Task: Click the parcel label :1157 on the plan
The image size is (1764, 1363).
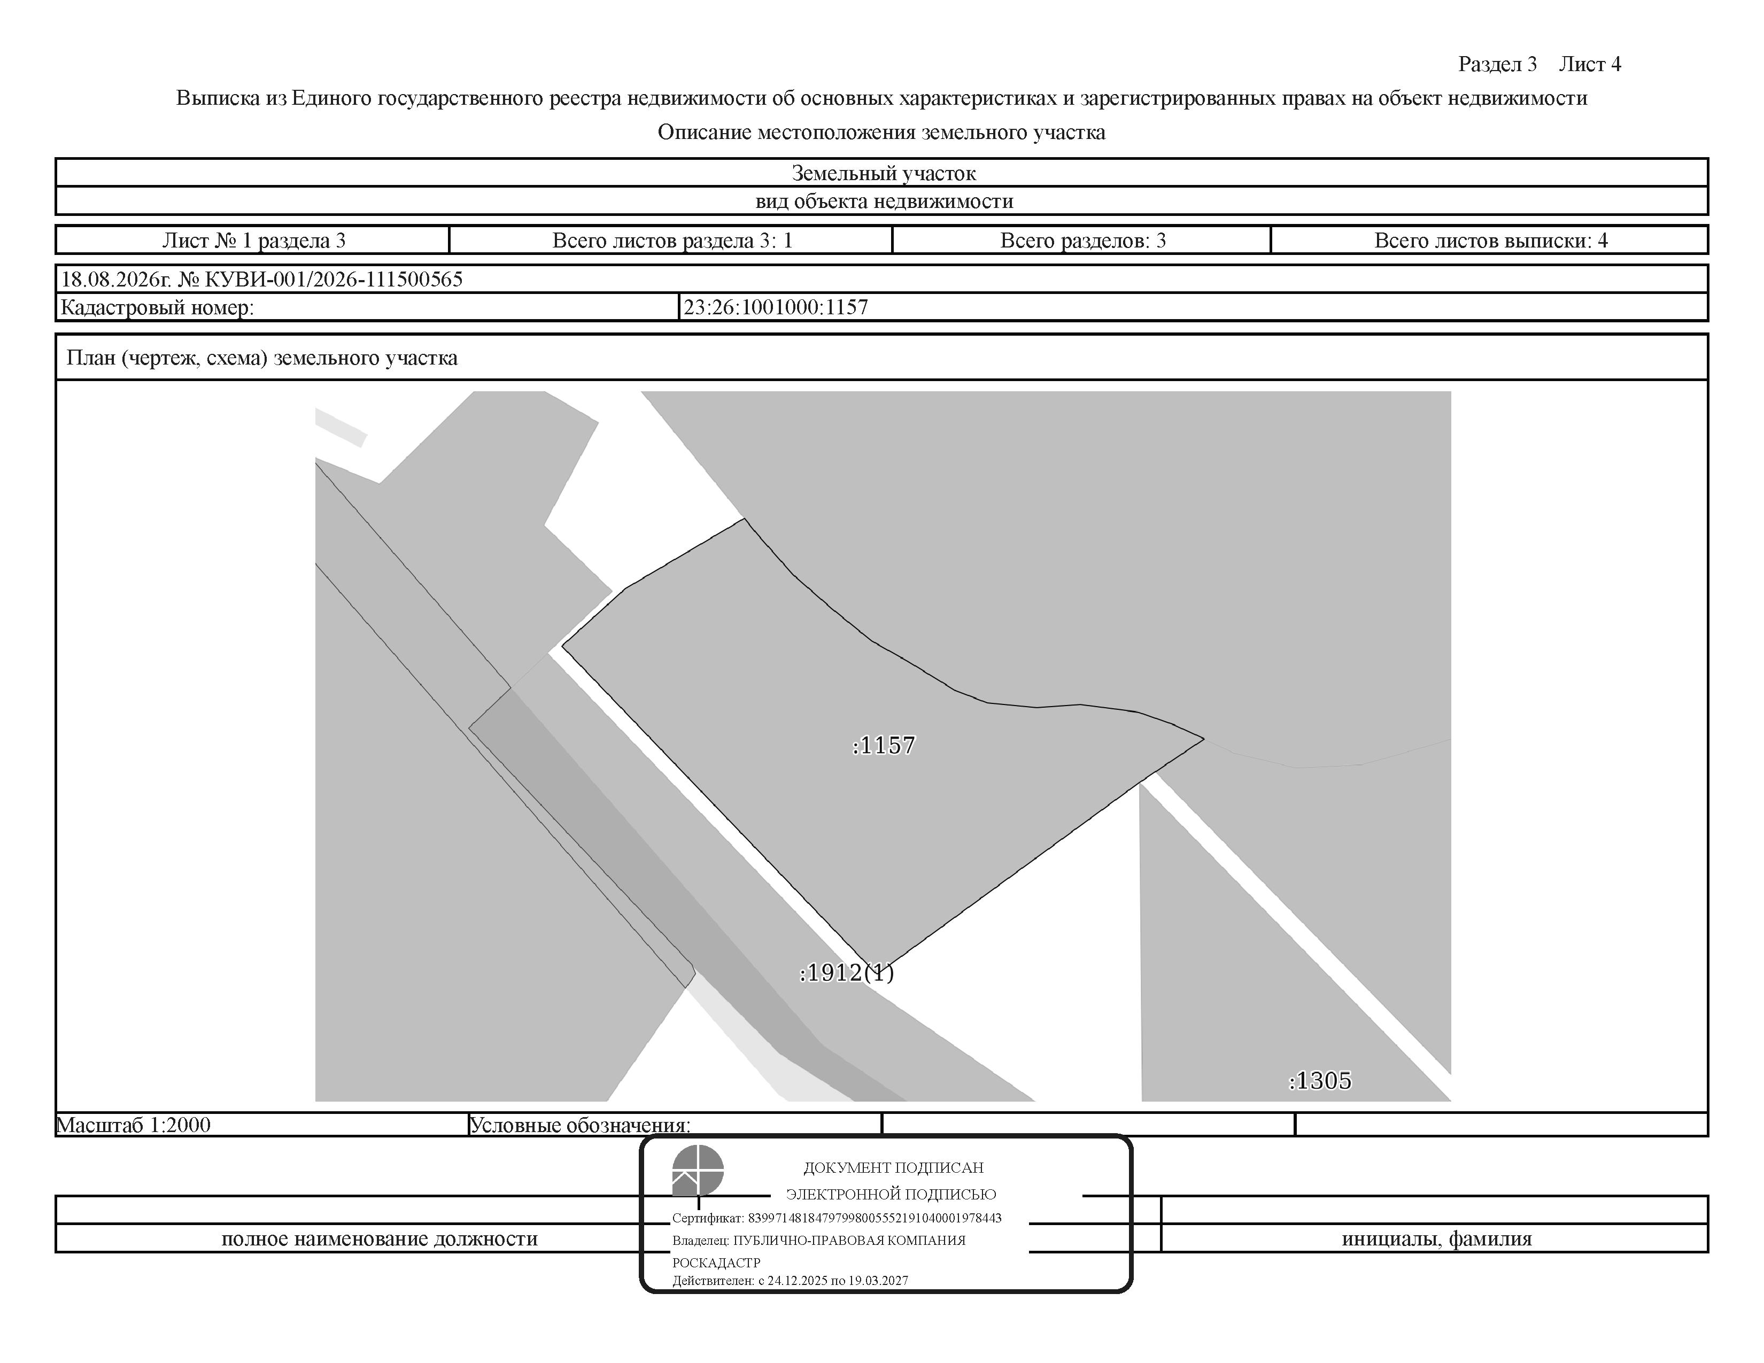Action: (x=884, y=745)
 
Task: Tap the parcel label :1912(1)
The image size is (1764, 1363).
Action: (x=847, y=973)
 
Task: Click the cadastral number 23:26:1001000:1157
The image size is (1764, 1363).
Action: (x=776, y=307)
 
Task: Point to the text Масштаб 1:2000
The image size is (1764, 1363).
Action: (x=133, y=1125)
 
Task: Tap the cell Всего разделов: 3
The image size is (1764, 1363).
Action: (x=1083, y=241)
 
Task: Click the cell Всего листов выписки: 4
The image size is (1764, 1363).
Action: (x=1491, y=241)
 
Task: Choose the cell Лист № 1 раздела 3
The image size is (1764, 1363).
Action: (x=253, y=241)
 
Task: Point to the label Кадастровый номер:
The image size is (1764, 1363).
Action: (x=158, y=308)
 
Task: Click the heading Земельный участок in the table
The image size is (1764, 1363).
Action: (x=884, y=173)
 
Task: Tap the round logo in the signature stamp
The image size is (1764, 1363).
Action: (x=698, y=1170)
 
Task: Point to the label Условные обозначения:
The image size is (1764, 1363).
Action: (x=580, y=1125)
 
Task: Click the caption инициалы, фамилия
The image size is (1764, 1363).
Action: (x=1437, y=1238)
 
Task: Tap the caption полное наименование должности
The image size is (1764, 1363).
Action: (x=380, y=1238)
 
